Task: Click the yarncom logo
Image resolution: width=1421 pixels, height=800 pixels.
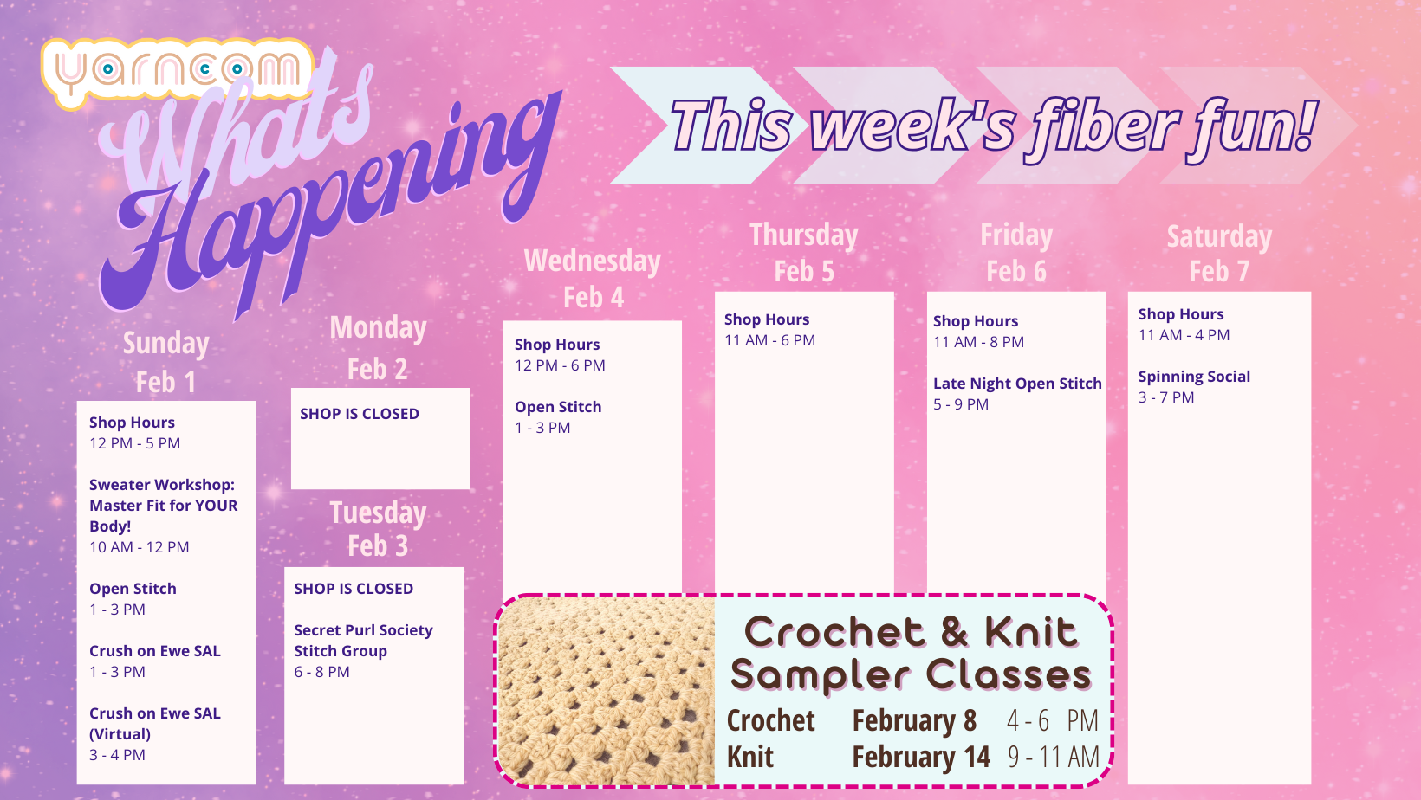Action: (178, 71)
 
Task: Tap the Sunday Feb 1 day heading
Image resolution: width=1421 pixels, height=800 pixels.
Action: (166, 362)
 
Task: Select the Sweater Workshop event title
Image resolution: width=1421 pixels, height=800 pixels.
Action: (163, 506)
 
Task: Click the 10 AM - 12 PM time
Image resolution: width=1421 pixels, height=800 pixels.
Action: (139, 547)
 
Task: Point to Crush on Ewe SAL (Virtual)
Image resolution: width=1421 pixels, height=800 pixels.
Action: (155, 723)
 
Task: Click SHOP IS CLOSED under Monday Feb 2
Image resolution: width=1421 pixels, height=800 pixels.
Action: (359, 414)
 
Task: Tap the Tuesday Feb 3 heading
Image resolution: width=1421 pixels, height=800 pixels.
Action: (378, 529)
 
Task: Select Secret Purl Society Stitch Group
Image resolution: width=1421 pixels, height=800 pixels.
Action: (363, 640)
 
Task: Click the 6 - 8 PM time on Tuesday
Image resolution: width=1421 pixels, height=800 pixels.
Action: (321, 672)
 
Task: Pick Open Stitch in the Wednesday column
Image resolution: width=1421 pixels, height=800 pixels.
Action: (558, 407)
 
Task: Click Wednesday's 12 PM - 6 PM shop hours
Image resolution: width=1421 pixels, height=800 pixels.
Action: (560, 365)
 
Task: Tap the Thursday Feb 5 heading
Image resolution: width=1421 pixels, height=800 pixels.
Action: (804, 252)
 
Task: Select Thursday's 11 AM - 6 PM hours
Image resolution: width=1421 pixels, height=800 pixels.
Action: (769, 340)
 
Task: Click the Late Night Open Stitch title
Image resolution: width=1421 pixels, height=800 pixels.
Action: (1017, 384)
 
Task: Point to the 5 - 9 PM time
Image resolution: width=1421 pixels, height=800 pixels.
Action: (960, 404)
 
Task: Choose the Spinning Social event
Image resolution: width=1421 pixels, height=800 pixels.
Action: (1194, 377)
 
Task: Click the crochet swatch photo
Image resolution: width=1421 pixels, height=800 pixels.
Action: (607, 691)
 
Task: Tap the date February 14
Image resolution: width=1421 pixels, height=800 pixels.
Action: (920, 757)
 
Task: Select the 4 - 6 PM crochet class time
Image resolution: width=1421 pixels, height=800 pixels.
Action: (1053, 720)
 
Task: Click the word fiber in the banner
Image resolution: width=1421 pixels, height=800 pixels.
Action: (1104, 126)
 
